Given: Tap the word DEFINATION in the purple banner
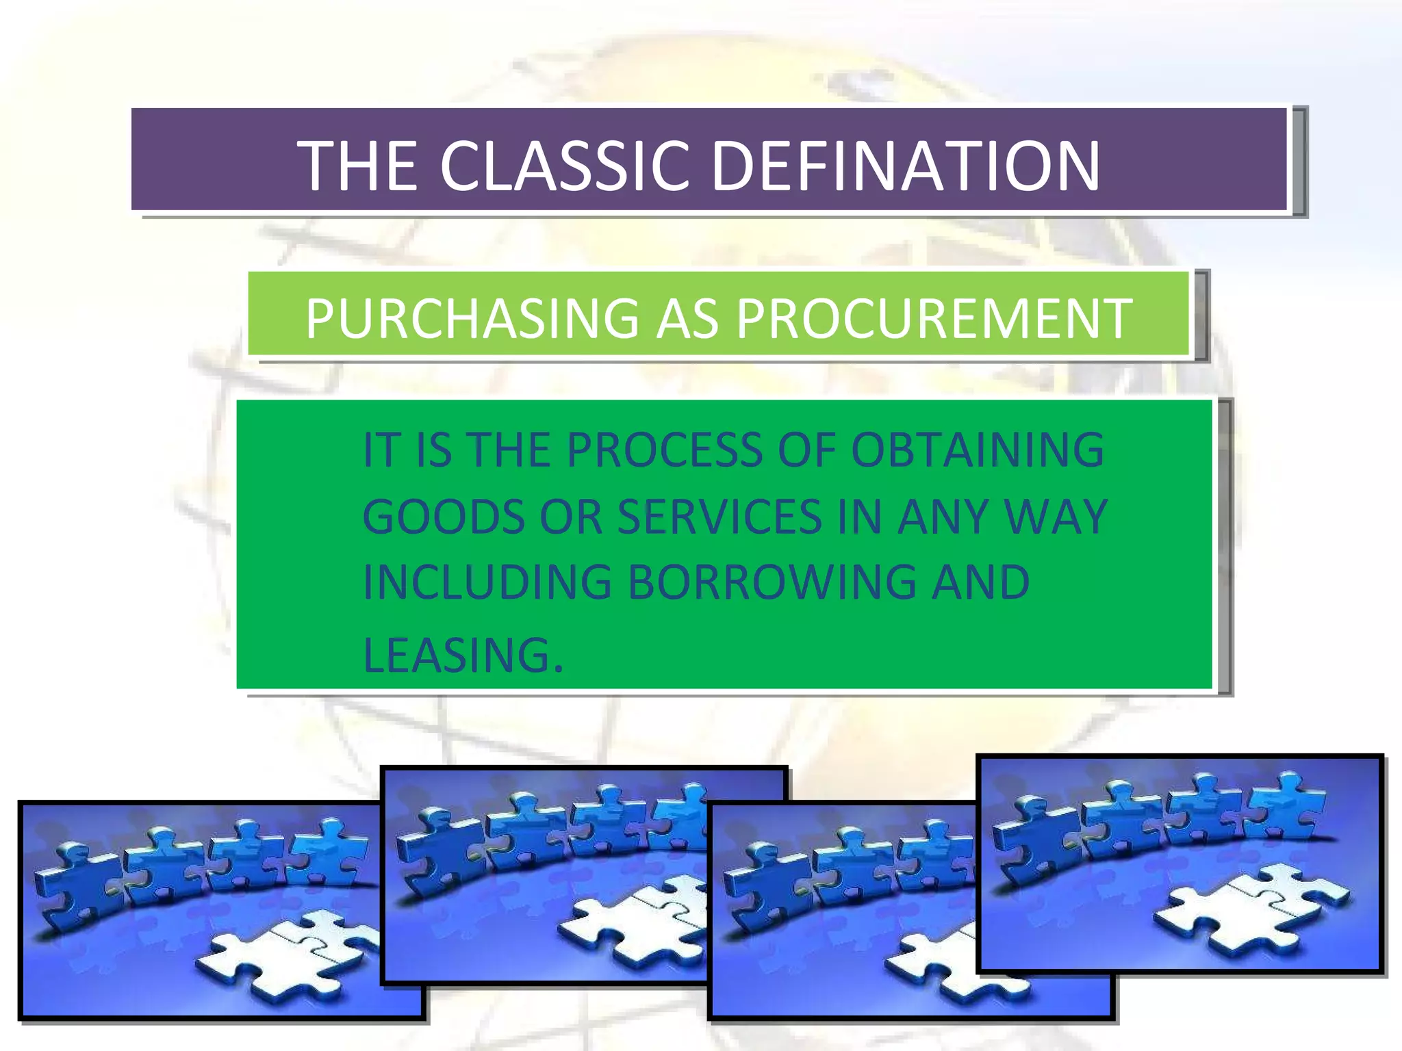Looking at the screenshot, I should click(906, 166).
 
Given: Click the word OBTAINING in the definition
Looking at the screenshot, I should click(977, 450).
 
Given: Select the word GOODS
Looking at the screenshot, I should click(443, 517).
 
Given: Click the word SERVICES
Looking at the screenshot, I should click(719, 517).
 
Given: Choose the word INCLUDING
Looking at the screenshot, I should click(487, 583).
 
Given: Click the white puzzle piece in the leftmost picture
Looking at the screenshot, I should click(288, 955).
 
